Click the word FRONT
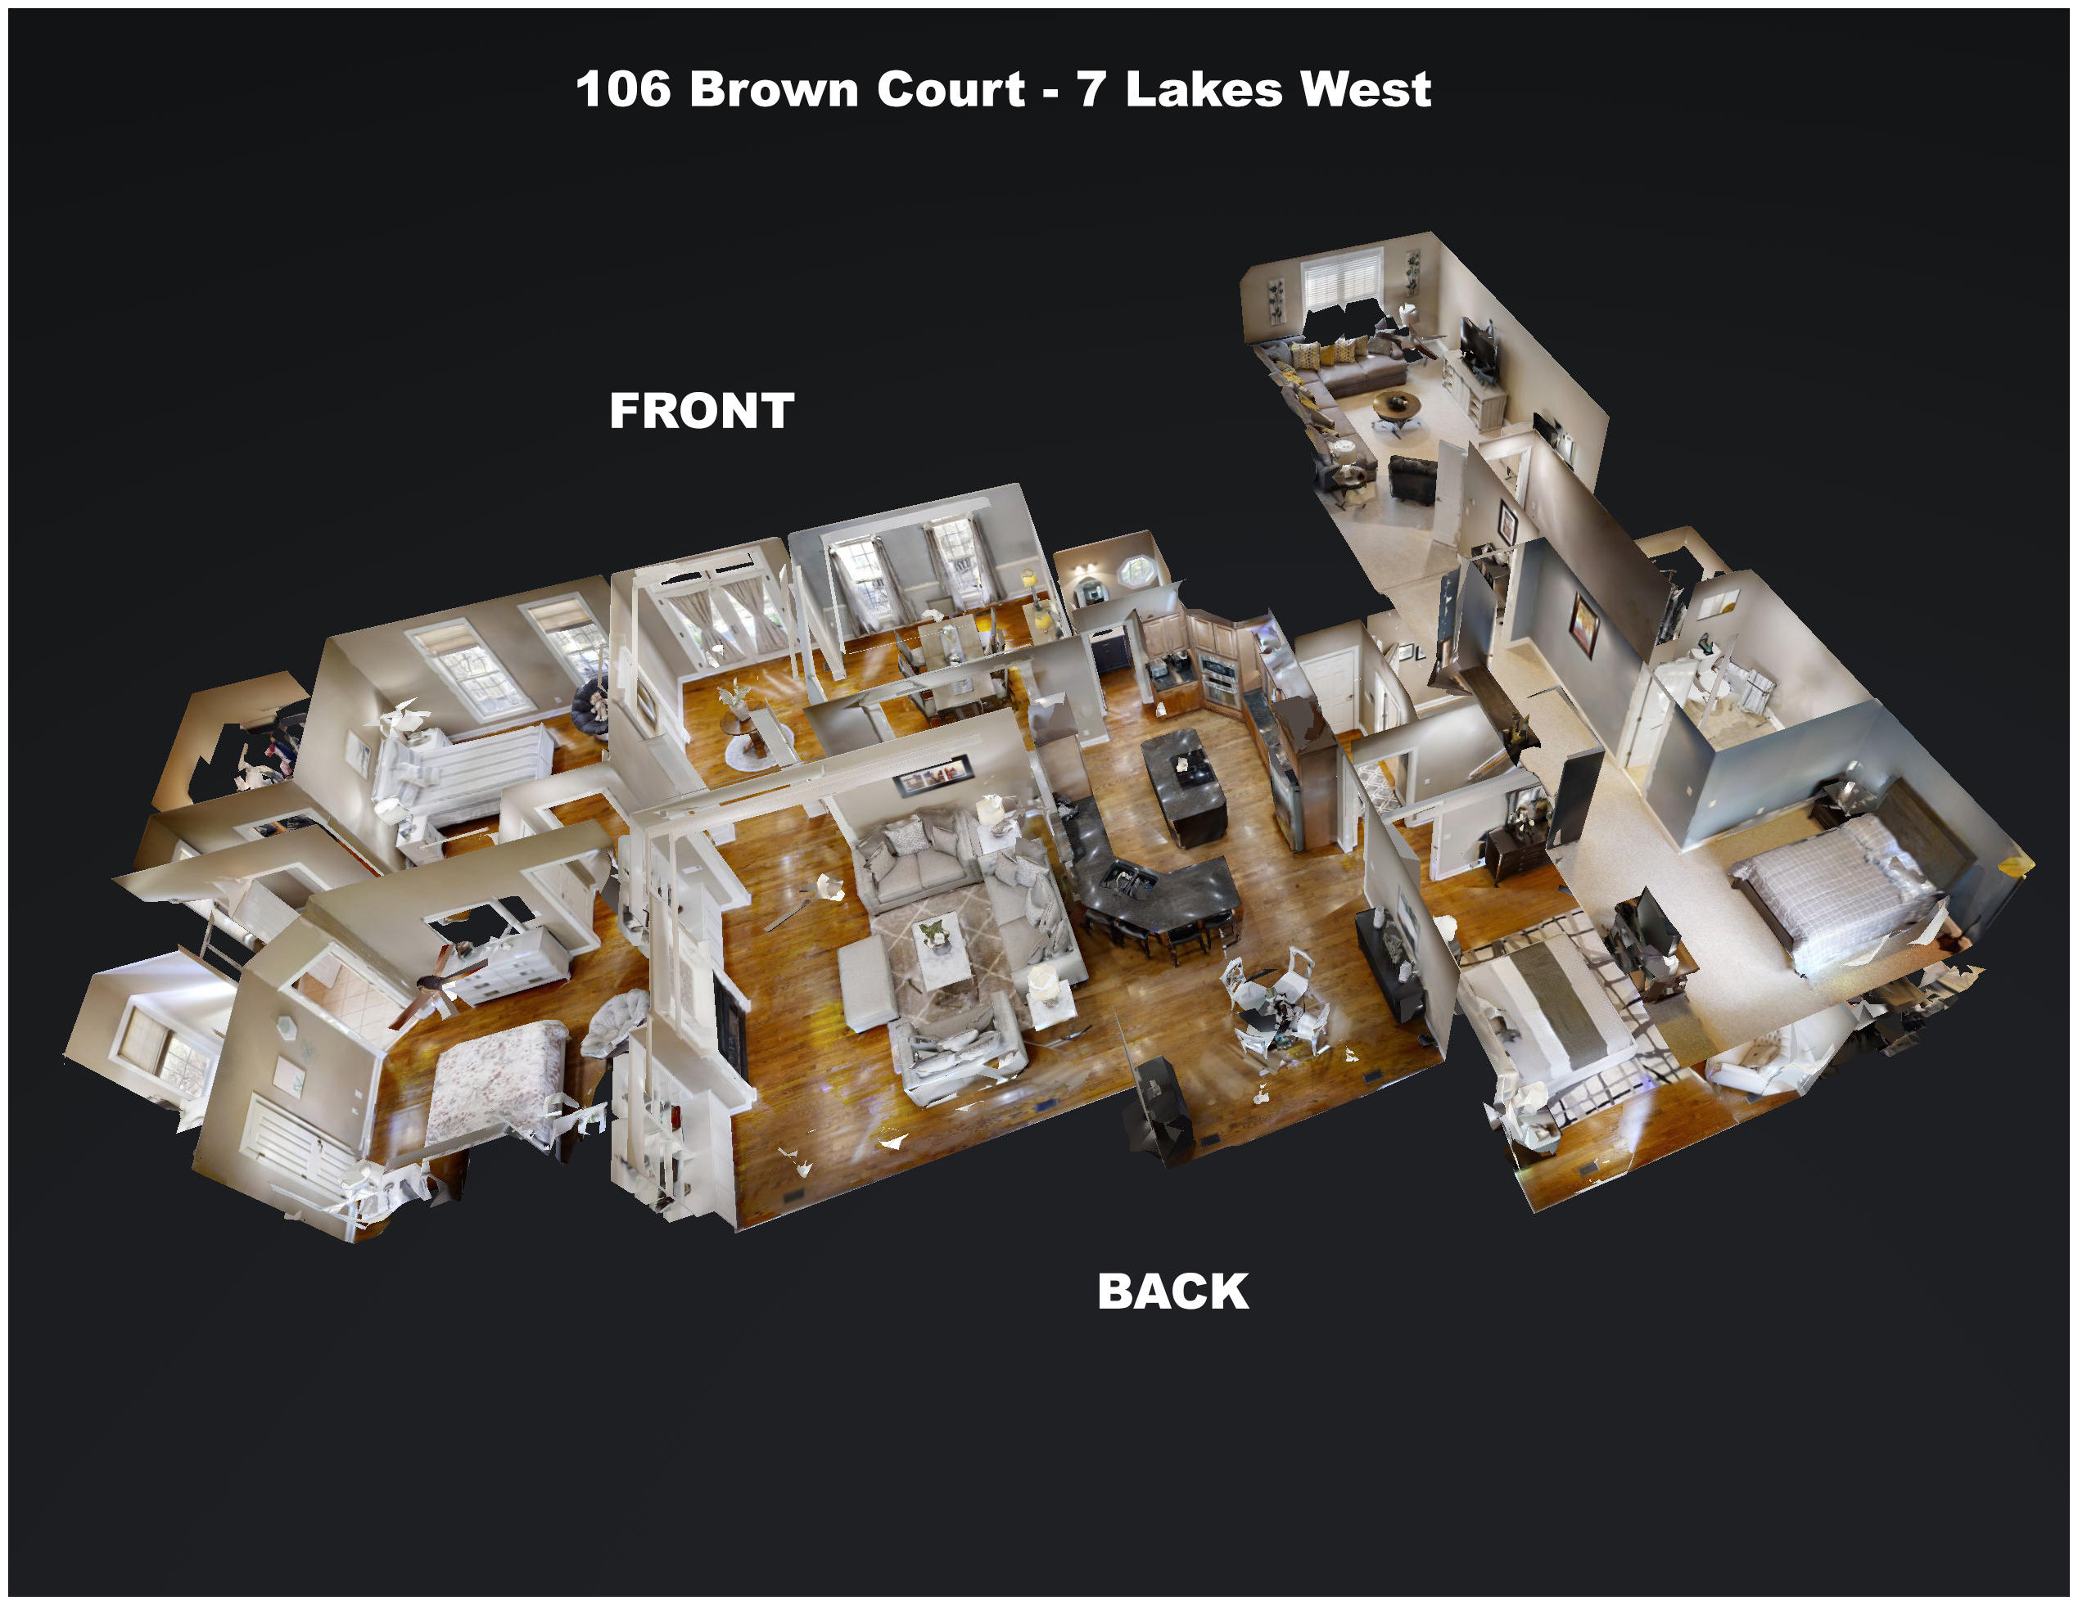pos(701,411)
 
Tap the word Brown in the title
pos(773,89)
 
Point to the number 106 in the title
pos(623,89)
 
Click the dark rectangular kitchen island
pos(1185,786)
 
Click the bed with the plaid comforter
pos(1832,890)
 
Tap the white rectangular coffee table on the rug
pos(942,950)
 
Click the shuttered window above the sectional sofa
pos(1342,280)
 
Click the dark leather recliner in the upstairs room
pos(1412,479)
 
